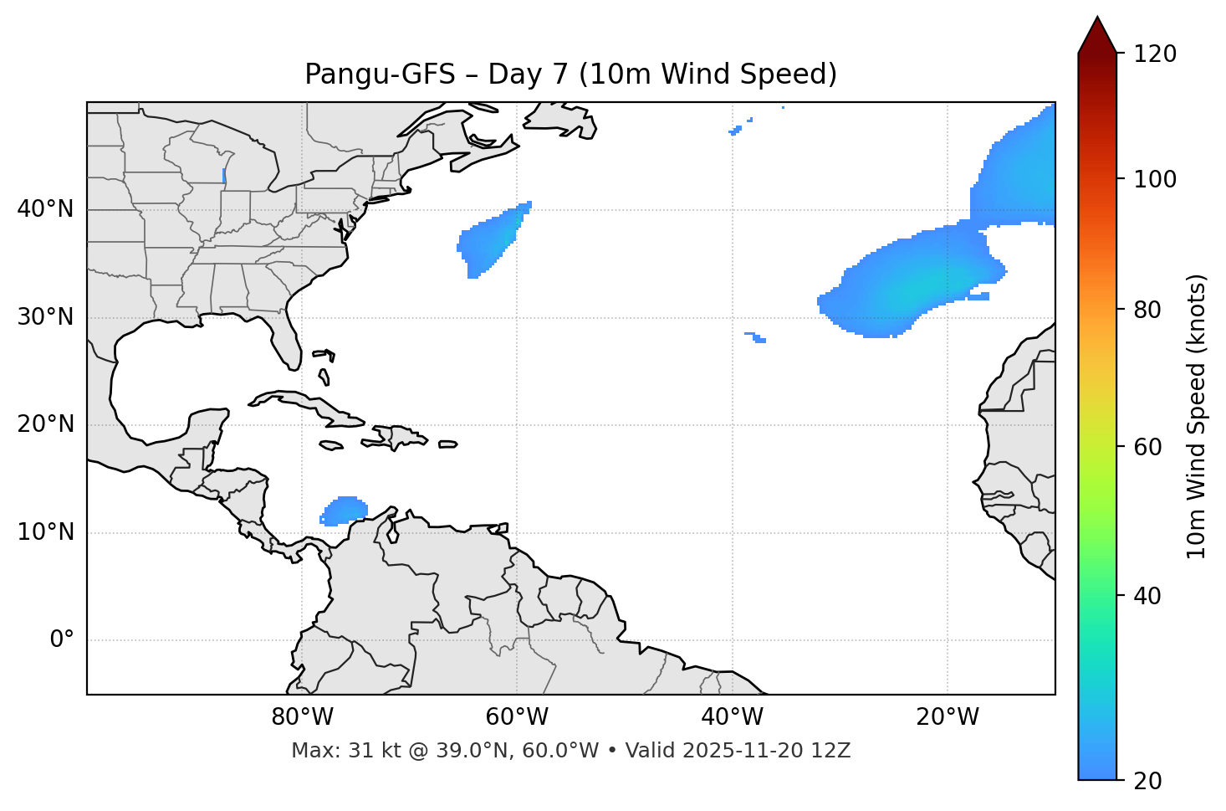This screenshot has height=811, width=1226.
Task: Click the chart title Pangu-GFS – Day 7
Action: (570, 74)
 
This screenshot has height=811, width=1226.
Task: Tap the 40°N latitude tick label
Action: (45, 209)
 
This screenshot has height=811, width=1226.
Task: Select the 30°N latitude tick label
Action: (45, 317)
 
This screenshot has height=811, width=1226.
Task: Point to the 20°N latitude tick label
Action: (45, 424)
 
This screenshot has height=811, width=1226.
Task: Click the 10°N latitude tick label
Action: (45, 532)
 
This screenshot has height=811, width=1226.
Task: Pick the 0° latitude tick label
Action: (62, 640)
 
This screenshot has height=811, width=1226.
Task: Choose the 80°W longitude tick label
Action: (302, 717)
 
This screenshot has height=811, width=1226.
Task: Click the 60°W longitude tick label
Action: (517, 717)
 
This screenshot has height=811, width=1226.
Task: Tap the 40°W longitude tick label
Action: (732, 717)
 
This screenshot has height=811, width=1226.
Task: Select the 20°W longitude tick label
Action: (947, 717)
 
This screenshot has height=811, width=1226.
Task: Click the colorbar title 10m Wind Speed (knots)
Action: (1197, 416)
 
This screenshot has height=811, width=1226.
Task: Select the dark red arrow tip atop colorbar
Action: (1097, 33)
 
